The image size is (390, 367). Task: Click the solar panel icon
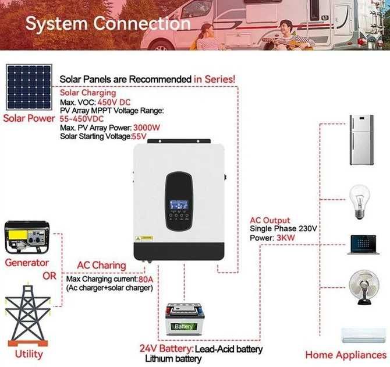[29, 87]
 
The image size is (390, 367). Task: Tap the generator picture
[27, 237]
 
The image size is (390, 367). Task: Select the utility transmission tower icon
[27, 316]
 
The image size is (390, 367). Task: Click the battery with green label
[185, 319]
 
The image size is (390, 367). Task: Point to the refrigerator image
[361, 140]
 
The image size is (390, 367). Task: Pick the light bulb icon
[359, 202]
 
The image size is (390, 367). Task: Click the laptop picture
[363, 245]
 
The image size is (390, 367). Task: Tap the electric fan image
[364, 288]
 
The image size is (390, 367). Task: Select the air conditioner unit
[363, 336]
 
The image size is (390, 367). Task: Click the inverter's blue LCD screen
[179, 205]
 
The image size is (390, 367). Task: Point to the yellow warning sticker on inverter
[144, 238]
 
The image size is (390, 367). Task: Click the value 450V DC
[114, 102]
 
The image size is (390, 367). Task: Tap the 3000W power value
[147, 128]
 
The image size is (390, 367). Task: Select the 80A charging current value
[146, 279]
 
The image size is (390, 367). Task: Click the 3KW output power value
[286, 238]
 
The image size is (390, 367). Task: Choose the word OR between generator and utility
[49, 276]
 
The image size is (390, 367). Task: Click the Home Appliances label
[346, 355]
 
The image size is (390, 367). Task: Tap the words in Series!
[214, 79]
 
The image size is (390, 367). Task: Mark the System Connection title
[108, 24]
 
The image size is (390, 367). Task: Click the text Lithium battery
[173, 359]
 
